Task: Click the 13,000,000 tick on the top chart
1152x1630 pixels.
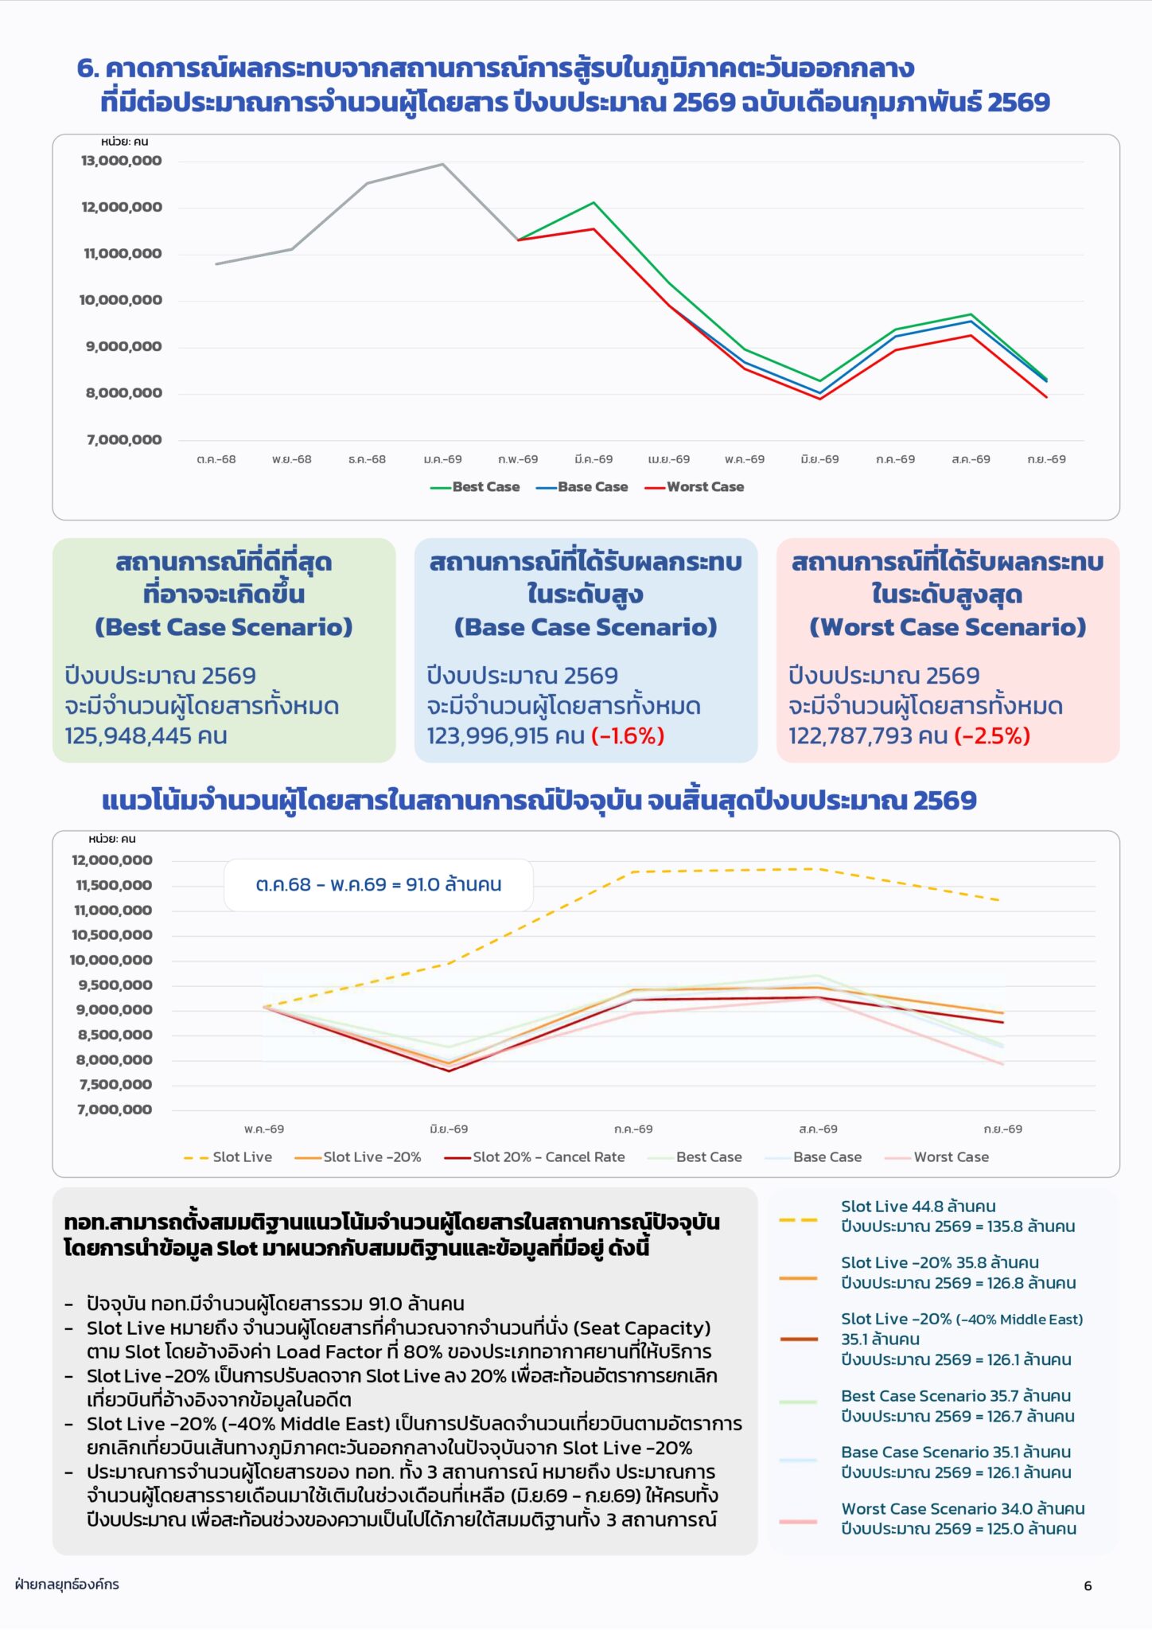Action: click(121, 161)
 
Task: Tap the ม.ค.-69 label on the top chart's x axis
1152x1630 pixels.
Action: click(442, 459)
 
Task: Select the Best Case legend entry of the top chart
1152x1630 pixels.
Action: click(475, 487)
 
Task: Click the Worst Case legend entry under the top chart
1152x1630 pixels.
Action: click(695, 487)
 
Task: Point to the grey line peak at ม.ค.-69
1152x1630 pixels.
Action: click(443, 164)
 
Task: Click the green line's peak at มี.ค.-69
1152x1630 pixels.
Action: click(594, 203)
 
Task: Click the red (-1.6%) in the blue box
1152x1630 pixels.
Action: click(628, 735)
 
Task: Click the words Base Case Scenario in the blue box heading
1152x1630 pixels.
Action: click(586, 627)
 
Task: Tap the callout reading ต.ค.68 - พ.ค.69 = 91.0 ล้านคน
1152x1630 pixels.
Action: click(379, 885)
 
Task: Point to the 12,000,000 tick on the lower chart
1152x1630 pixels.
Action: click(111, 860)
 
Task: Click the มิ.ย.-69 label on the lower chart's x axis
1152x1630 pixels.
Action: click(449, 1129)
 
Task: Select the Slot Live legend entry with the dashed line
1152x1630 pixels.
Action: click(228, 1157)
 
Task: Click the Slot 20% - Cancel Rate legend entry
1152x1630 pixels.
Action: click(535, 1157)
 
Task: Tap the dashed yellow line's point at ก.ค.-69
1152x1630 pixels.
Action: click(634, 872)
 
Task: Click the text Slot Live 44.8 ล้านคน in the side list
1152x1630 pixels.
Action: click(918, 1207)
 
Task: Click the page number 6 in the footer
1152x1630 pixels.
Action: click(1088, 1585)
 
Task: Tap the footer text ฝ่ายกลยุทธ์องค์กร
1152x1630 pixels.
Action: click(67, 1584)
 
